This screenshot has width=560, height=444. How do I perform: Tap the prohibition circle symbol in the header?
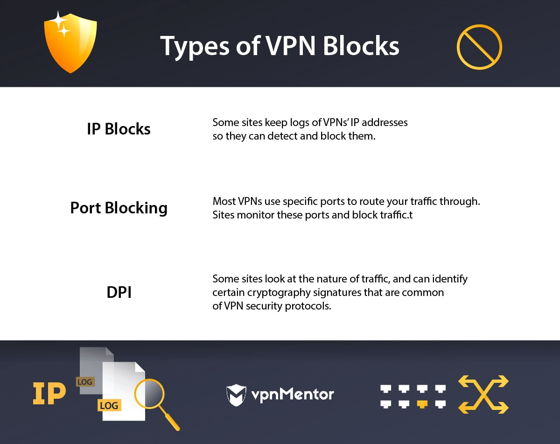479,47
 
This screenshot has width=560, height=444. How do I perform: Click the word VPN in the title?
290,46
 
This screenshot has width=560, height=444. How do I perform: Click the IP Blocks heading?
119,129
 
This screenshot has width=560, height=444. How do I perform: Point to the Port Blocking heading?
119,208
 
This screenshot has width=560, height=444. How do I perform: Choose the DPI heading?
119,292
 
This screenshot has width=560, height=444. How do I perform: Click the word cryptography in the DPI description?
279,293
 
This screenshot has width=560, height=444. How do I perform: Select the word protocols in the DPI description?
308,306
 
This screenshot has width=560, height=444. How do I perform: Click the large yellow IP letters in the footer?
49,394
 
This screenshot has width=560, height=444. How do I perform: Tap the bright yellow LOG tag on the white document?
109,405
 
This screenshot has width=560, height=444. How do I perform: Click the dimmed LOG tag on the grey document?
85,382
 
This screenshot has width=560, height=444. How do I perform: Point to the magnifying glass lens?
149,393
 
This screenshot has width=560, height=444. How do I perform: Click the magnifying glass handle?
169,418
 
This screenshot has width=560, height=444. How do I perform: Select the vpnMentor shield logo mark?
236,395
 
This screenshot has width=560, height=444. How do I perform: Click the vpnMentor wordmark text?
293,395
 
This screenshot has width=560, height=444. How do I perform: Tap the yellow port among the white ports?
422,404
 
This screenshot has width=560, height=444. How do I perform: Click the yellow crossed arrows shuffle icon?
483,394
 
